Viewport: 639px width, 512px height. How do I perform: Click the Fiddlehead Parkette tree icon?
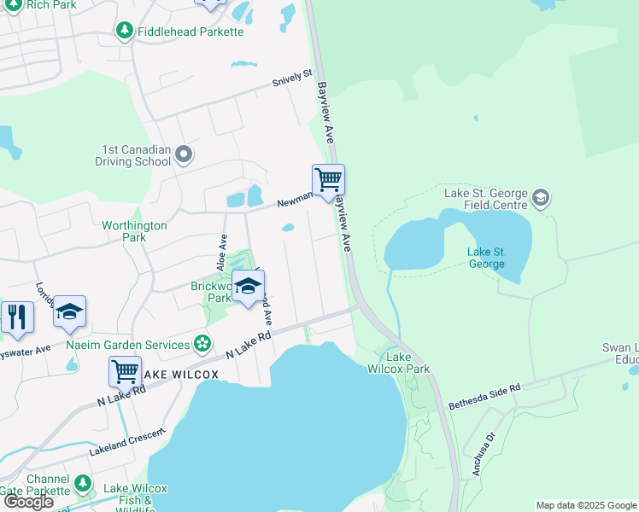[125, 32]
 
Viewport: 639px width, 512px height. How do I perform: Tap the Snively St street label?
[292, 80]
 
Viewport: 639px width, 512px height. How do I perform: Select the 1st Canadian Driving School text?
[135, 154]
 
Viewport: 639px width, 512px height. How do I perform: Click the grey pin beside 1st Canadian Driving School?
[184, 155]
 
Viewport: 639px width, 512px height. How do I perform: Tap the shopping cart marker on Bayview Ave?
[328, 181]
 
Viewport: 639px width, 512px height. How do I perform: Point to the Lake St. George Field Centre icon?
[540, 198]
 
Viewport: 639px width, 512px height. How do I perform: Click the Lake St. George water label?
[486, 258]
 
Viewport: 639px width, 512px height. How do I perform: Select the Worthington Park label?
[134, 231]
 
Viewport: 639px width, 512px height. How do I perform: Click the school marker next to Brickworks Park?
[248, 287]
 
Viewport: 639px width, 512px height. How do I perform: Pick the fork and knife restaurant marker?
[16, 316]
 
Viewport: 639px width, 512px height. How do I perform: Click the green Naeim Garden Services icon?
[202, 344]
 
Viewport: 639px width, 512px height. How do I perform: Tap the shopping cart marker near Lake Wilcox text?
[125, 372]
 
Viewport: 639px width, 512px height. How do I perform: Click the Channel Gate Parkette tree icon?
[83, 484]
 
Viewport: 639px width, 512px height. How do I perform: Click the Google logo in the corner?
[28, 502]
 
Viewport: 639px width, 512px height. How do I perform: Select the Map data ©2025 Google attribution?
[585, 505]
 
